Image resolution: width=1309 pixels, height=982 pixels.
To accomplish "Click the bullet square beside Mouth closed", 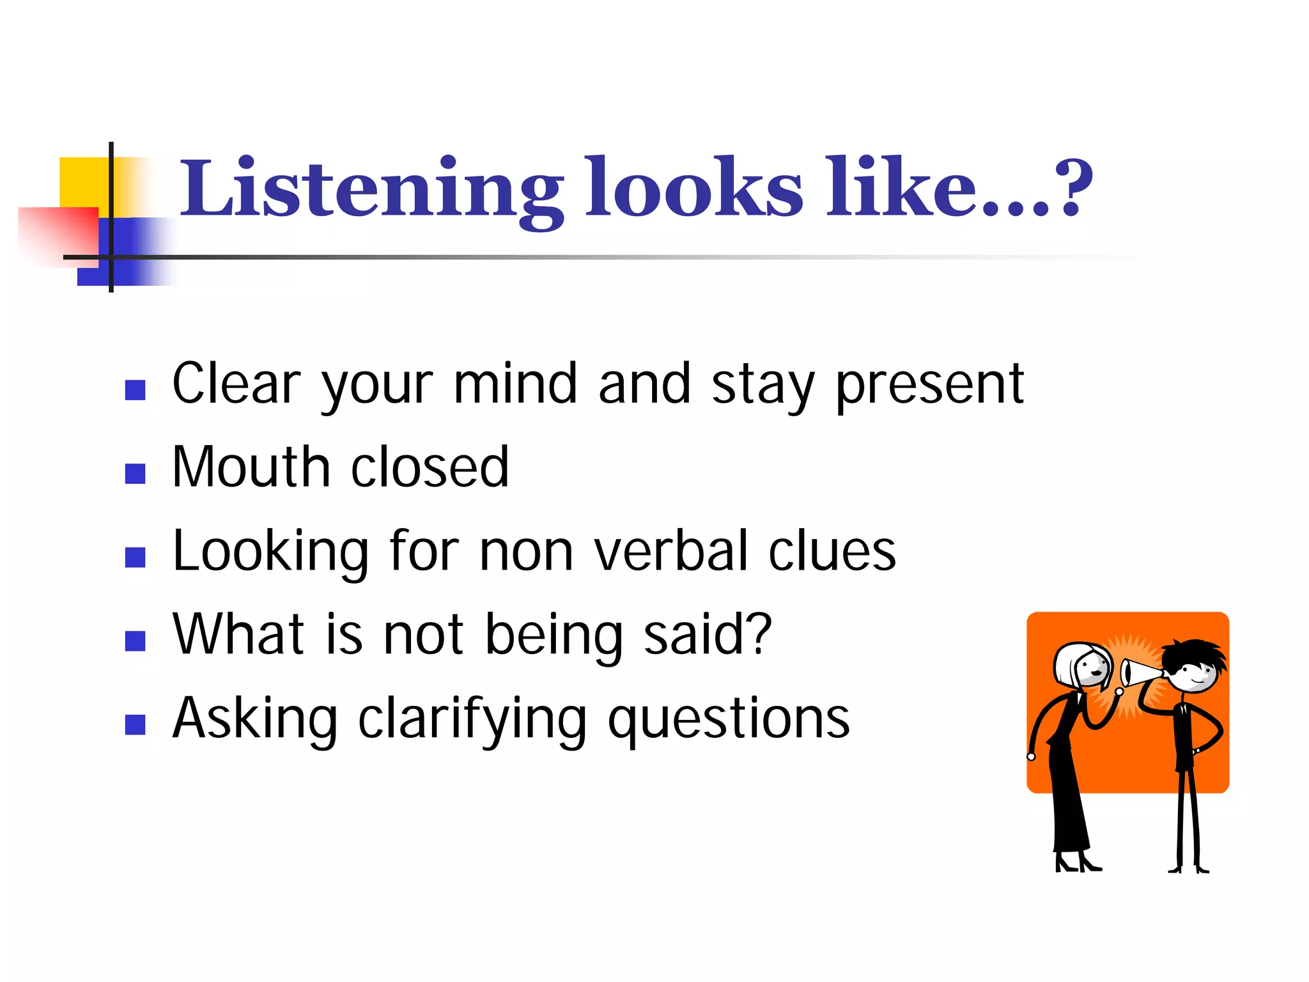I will coord(136,474).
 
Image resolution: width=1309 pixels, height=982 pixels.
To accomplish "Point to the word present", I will coord(930,386).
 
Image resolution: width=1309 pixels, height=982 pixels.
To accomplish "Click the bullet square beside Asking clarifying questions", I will coord(136,724).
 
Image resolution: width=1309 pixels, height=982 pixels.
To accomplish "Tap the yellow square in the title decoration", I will coord(83,182).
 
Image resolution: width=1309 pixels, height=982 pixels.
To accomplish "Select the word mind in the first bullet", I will coord(515,384).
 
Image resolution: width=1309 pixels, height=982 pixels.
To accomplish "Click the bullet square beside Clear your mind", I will coord(136,390).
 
